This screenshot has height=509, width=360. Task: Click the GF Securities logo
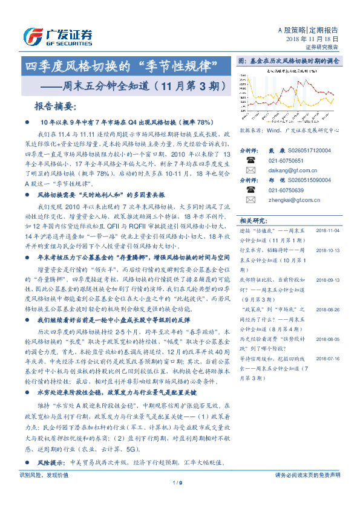coord(58,36)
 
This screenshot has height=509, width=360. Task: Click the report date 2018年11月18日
coord(316,38)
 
